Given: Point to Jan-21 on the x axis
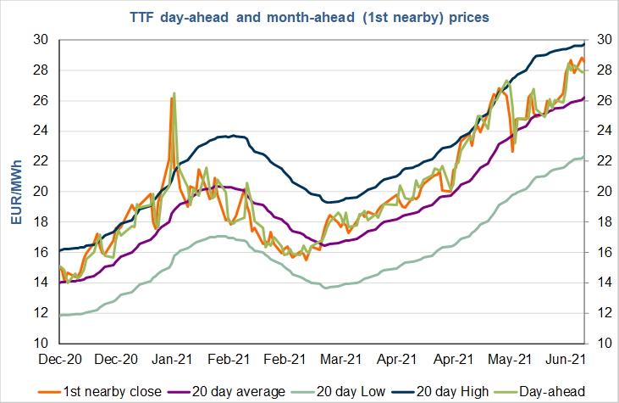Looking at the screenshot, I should (174, 359).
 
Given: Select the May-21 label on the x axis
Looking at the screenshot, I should (508, 359).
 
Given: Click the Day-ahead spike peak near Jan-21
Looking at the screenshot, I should (174, 93).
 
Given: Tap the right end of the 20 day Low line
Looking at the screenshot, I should (584, 155).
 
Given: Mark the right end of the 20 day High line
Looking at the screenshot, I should (584, 43).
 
